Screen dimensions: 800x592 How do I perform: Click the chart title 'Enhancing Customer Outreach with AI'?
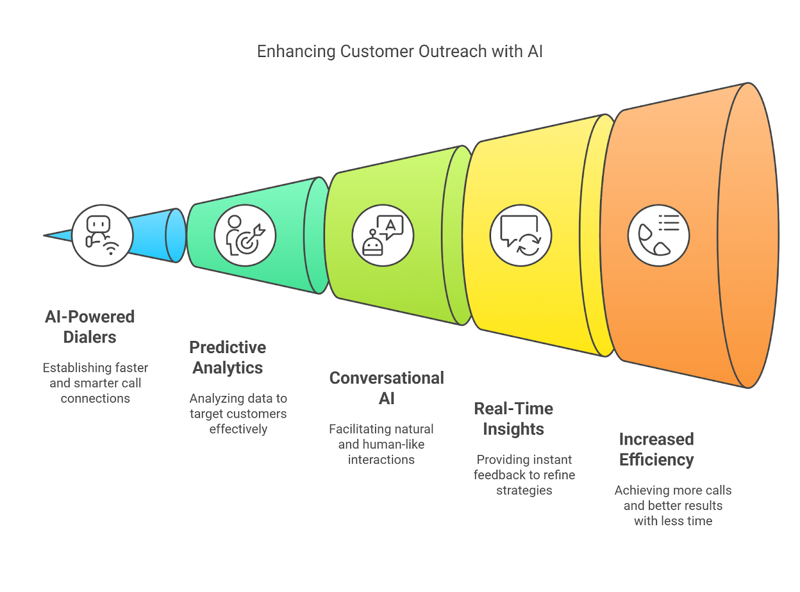(399, 51)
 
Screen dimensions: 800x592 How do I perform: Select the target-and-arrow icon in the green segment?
(245, 235)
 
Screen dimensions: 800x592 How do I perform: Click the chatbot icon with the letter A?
(382, 235)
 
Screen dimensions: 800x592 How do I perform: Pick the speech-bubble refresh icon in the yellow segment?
(520, 235)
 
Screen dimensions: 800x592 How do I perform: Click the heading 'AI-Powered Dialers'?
(89, 326)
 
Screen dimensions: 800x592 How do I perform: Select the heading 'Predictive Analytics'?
(227, 357)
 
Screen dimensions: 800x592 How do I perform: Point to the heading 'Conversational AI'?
(386, 388)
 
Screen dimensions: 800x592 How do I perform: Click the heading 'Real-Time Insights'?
(513, 418)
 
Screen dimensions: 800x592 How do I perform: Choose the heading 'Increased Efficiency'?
(656, 449)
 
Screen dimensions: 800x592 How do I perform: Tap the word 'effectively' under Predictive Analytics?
(238, 428)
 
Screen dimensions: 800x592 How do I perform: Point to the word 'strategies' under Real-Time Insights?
(523, 490)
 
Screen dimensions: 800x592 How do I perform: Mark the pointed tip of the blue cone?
(43, 235)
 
